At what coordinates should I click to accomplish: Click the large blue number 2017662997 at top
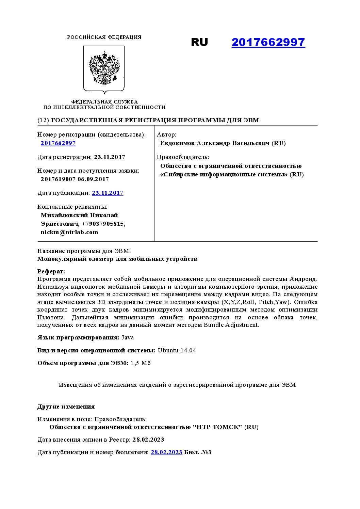(x=268, y=42)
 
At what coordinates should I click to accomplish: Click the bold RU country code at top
(x=199, y=42)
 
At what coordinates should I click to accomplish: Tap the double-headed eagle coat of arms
(x=104, y=69)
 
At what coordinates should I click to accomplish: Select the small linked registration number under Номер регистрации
(x=58, y=143)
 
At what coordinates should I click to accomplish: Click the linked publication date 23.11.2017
(x=108, y=193)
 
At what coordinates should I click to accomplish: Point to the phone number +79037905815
(x=103, y=224)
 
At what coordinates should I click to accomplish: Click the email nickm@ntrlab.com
(x=69, y=232)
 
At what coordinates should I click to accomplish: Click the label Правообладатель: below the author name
(x=183, y=157)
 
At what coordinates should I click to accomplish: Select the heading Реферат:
(x=51, y=271)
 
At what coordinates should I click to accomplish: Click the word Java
(x=128, y=337)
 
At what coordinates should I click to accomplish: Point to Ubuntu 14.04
(x=177, y=350)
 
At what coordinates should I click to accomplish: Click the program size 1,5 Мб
(x=141, y=363)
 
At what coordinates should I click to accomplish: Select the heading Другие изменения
(x=66, y=407)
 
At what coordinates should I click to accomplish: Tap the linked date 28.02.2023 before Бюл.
(x=166, y=452)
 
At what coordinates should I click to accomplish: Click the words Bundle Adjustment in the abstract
(x=231, y=325)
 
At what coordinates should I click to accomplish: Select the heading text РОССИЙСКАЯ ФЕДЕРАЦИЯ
(x=104, y=37)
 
